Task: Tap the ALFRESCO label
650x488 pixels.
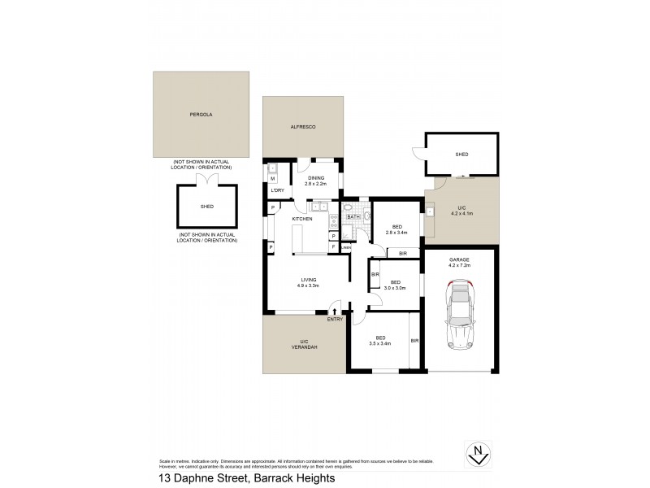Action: pos(302,128)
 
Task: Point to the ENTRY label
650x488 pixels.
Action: pos(335,320)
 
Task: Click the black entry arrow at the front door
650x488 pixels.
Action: pos(335,310)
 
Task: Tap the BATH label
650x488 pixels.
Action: pos(353,217)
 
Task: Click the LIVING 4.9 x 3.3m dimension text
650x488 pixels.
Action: pos(308,283)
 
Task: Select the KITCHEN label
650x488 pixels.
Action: pos(303,220)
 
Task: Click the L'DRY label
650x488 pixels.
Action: pos(277,190)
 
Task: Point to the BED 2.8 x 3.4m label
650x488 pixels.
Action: pos(396,229)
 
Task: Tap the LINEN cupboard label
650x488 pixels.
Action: pos(346,247)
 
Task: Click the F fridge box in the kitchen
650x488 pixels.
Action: pos(334,246)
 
